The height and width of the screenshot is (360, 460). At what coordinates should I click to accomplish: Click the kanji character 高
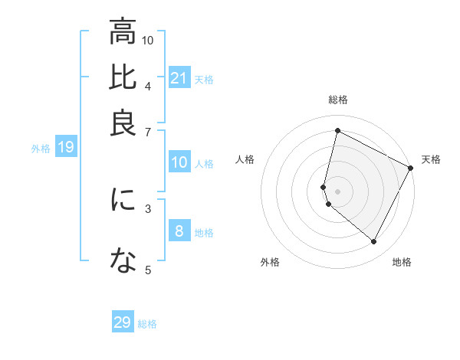click(123, 32)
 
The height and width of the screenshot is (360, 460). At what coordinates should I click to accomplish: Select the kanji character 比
click(123, 77)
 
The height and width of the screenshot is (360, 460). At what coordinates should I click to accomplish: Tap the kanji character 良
click(123, 123)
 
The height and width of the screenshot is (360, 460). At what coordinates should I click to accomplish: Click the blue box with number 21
click(179, 78)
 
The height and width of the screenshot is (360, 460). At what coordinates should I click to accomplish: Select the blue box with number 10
click(179, 162)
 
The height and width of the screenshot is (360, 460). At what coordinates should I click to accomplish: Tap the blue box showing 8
click(179, 231)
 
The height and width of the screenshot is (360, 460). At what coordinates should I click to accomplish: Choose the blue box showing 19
click(65, 148)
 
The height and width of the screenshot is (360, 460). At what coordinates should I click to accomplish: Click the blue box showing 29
click(123, 322)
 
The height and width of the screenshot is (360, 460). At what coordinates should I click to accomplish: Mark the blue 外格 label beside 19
click(40, 149)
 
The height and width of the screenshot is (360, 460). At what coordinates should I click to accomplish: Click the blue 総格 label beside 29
click(147, 324)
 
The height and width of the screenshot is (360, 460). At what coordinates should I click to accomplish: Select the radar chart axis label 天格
click(431, 159)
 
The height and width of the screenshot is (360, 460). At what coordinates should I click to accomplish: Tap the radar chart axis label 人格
click(245, 159)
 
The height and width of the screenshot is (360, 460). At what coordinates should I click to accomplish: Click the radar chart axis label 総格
click(338, 100)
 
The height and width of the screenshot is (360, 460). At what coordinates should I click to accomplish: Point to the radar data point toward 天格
click(410, 167)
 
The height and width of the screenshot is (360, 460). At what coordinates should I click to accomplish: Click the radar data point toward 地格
click(374, 242)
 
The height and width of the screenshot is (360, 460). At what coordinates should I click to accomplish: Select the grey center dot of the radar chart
click(337, 191)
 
